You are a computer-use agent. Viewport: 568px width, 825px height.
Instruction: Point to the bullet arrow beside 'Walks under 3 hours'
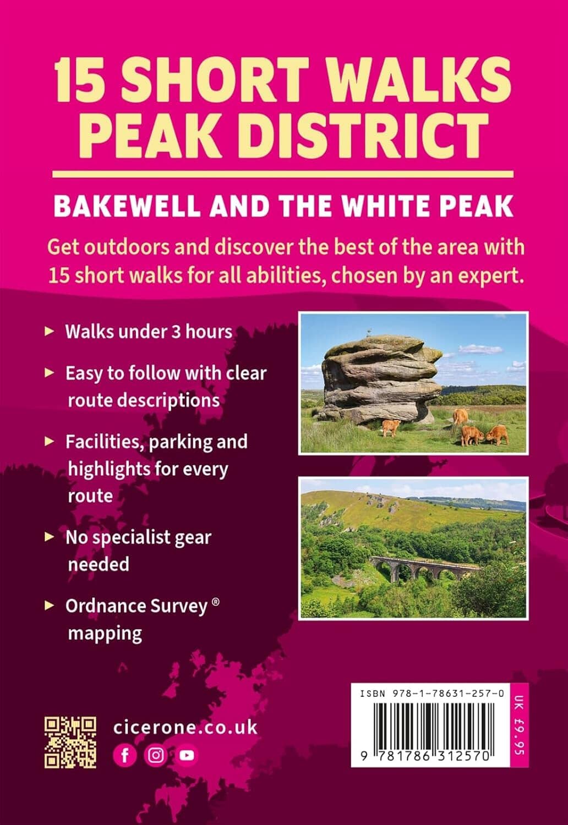click(50, 332)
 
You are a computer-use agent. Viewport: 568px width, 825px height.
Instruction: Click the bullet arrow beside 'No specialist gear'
click(50, 537)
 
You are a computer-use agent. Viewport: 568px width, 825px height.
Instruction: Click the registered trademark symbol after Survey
click(216, 603)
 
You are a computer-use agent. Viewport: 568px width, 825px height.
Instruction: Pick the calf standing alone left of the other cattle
click(391, 427)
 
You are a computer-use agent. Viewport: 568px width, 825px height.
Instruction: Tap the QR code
click(70, 742)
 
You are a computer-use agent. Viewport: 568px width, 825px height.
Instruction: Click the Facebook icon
click(125, 755)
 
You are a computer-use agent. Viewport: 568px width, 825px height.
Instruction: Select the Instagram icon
click(156, 755)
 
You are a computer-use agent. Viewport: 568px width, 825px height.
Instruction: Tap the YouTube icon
click(187, 755)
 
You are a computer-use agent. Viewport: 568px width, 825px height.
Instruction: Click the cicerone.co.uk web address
click(185, 727)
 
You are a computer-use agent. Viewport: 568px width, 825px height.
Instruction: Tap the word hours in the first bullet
click(209, 332)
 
